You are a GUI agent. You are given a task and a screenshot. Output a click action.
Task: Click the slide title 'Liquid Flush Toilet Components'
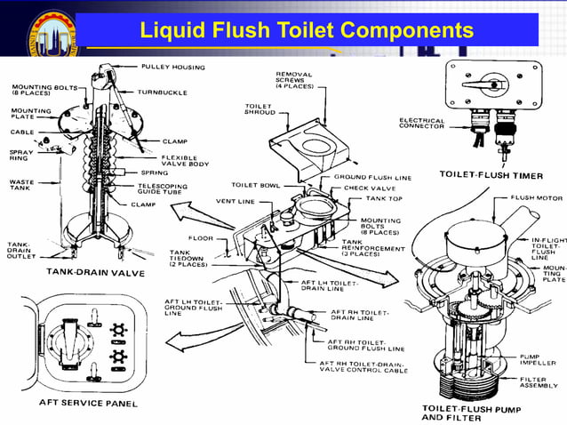pyautogui.click(x=307, y=31)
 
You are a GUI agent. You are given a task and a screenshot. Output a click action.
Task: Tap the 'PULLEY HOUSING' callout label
pyautogui.click(x=172, y=67)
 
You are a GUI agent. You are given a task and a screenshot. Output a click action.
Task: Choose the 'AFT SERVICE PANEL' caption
pyautogui.click(x=90, y=403)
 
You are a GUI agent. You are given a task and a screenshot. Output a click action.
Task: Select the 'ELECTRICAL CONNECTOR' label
pyautogui.click(x=422, y=124)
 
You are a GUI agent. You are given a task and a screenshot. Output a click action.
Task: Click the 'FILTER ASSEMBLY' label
pyautogui.click(x=539, y=382)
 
